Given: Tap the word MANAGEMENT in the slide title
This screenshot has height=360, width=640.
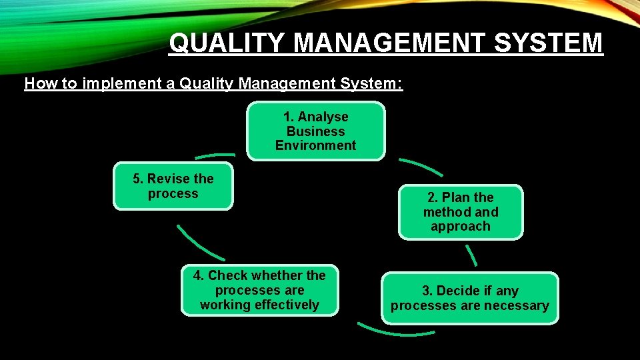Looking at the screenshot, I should pos(382,43).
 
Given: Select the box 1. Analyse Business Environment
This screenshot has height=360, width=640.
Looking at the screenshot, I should pos(315,131).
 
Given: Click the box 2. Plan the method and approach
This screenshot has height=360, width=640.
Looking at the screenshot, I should pos(461,212).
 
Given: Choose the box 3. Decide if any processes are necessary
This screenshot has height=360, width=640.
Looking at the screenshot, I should pos(470,298).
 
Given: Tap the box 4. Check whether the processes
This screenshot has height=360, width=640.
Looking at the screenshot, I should pos(259,290).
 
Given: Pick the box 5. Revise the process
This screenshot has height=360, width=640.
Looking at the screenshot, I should pos(173,186).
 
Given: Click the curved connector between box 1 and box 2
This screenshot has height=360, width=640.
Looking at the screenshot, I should pos(420,166).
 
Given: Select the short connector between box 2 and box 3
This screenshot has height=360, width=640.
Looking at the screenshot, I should pos(471,255).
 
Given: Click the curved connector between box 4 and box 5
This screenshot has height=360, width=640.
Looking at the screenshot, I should pos(199,244).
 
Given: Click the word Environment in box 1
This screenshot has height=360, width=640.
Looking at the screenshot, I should pos(315,145).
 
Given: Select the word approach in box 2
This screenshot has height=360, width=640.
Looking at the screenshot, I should pos(461,227).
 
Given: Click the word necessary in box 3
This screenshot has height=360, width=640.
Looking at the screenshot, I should pos(517,306).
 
